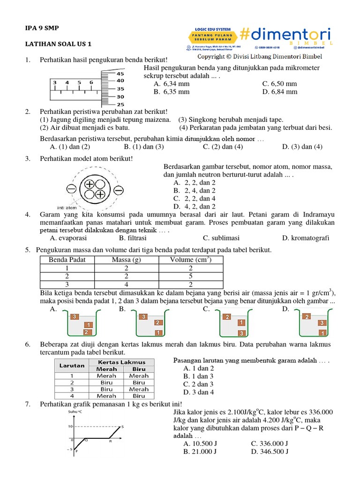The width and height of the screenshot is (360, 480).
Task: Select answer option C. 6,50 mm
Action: pos(279,83)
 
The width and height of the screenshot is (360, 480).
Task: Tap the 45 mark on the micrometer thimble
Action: pos(120,74)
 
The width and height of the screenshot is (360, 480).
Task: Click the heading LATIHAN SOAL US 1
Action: pos(58,44)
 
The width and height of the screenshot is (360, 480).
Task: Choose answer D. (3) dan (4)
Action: pos(302,147)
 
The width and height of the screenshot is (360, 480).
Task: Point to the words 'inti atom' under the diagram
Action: pos(67,208)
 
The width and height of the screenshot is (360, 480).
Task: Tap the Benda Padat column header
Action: pos(67,260)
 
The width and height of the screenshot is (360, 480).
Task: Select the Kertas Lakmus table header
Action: pos(121,362)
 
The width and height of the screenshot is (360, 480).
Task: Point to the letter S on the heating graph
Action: pos(122,427)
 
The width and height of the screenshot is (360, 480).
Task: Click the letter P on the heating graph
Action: pos(76,451)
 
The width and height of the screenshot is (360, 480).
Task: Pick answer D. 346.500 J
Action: pos(269,452)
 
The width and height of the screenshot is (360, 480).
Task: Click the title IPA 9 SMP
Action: pos(39,28)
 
